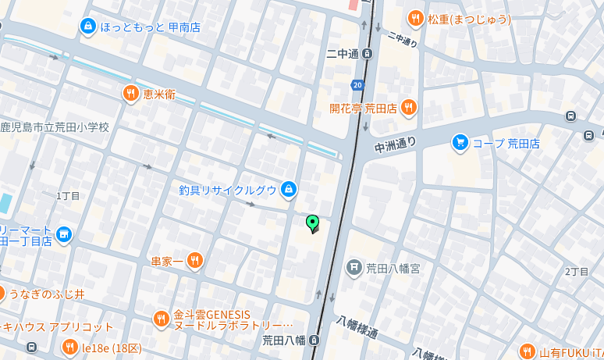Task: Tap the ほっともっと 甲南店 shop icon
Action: [87, 27]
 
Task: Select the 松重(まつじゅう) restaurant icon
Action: [415, 19]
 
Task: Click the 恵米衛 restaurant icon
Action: [130, 94]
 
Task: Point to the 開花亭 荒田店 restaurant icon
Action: [408, 108]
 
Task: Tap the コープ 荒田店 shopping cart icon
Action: [460, 142]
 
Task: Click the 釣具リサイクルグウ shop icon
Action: [289, 189]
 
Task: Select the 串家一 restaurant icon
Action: [194, 260]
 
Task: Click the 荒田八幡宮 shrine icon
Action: [354, 268]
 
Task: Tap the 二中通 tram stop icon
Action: [368, 54]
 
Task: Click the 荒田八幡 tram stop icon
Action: [314, 340]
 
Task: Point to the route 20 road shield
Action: [357, 84]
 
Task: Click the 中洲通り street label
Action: [396, 144]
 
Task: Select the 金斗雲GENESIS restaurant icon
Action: [161, 319]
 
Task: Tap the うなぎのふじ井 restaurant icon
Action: [2, 294]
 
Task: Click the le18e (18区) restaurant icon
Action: [69, 347]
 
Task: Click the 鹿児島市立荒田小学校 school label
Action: [55, 127]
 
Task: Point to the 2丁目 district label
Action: [576, 271]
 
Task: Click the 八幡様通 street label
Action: [357, 327]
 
